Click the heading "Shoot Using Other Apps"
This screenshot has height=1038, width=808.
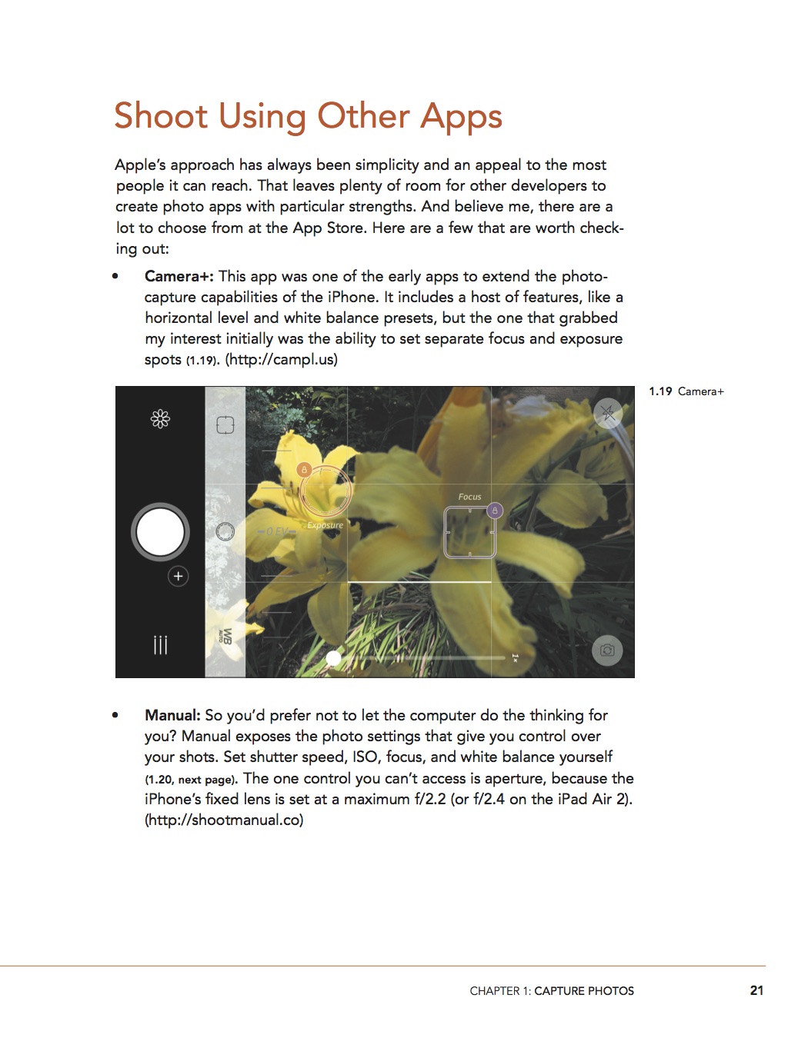[308, 117]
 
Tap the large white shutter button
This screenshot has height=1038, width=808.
[160, 531]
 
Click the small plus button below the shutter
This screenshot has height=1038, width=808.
[178, 576]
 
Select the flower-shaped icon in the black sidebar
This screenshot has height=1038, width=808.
[160, 419]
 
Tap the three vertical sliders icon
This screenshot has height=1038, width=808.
[160, 644]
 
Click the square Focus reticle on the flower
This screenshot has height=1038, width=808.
[469, 533]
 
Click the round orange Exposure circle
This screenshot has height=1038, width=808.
[326, 492]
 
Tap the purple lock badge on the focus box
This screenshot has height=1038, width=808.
[495, 510]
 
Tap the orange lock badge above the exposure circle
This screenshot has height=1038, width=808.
[304, 469]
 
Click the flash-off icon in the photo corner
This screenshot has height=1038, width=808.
[608, 413]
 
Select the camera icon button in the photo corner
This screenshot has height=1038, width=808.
[607, 650]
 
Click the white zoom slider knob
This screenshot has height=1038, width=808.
[334, 658]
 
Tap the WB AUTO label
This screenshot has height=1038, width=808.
[226, 636]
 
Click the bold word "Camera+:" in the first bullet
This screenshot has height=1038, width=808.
[179, 277]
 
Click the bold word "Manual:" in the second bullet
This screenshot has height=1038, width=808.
[172, 716]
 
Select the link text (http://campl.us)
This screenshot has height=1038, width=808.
[281, 360]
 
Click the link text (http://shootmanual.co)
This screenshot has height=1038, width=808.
[224, 820]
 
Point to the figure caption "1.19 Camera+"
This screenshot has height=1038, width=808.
[686, 391]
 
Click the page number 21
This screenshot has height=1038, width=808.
[756, 990]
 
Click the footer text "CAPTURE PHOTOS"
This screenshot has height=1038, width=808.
[584, 991]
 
